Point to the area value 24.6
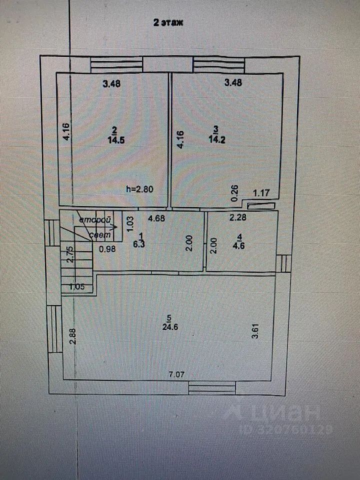(x=170, y=327)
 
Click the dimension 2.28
(x=237, y=218)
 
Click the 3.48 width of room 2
(x=111, y=83)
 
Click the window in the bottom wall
(x=212, y=388)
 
